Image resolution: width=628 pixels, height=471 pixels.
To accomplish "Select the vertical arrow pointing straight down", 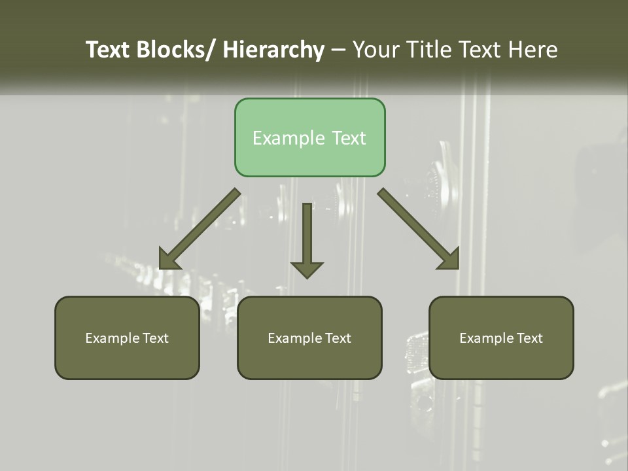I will point(307,235).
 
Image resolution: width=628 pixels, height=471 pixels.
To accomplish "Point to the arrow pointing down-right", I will point(415,226).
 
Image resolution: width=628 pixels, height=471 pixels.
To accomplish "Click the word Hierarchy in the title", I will point(273,50).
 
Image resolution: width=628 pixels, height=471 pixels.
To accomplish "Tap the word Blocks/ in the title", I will point(175,50).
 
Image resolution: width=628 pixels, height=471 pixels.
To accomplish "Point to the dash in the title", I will point(338,50).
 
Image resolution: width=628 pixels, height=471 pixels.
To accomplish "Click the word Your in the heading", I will point(374,50).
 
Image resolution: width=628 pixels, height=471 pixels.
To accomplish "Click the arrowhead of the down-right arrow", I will point(450,259).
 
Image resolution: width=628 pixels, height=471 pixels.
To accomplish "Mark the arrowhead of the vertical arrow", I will point(307,269).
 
